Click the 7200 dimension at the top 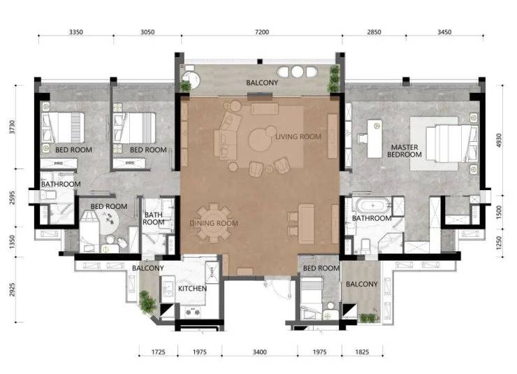(x=262, y=32)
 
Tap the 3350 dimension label (x=76, y=32)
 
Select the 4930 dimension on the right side (x=499, y=141)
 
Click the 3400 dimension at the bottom (x=259, y=352)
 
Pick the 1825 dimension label (x=362, y=352)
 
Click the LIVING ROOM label (x=298, y=136)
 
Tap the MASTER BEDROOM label (x=405, y=151)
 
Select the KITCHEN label (x=193, y=289)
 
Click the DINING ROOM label (x=214, y=223)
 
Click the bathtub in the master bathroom (x=372, y=206)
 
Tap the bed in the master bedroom (x=451, y=143)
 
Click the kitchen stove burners (x=193, y=311)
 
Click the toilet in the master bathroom (x=365, y=246)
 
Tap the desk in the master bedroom (x=374, y=138)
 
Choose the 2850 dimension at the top (x=374, y=32)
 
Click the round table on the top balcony (x=297, y=71)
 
